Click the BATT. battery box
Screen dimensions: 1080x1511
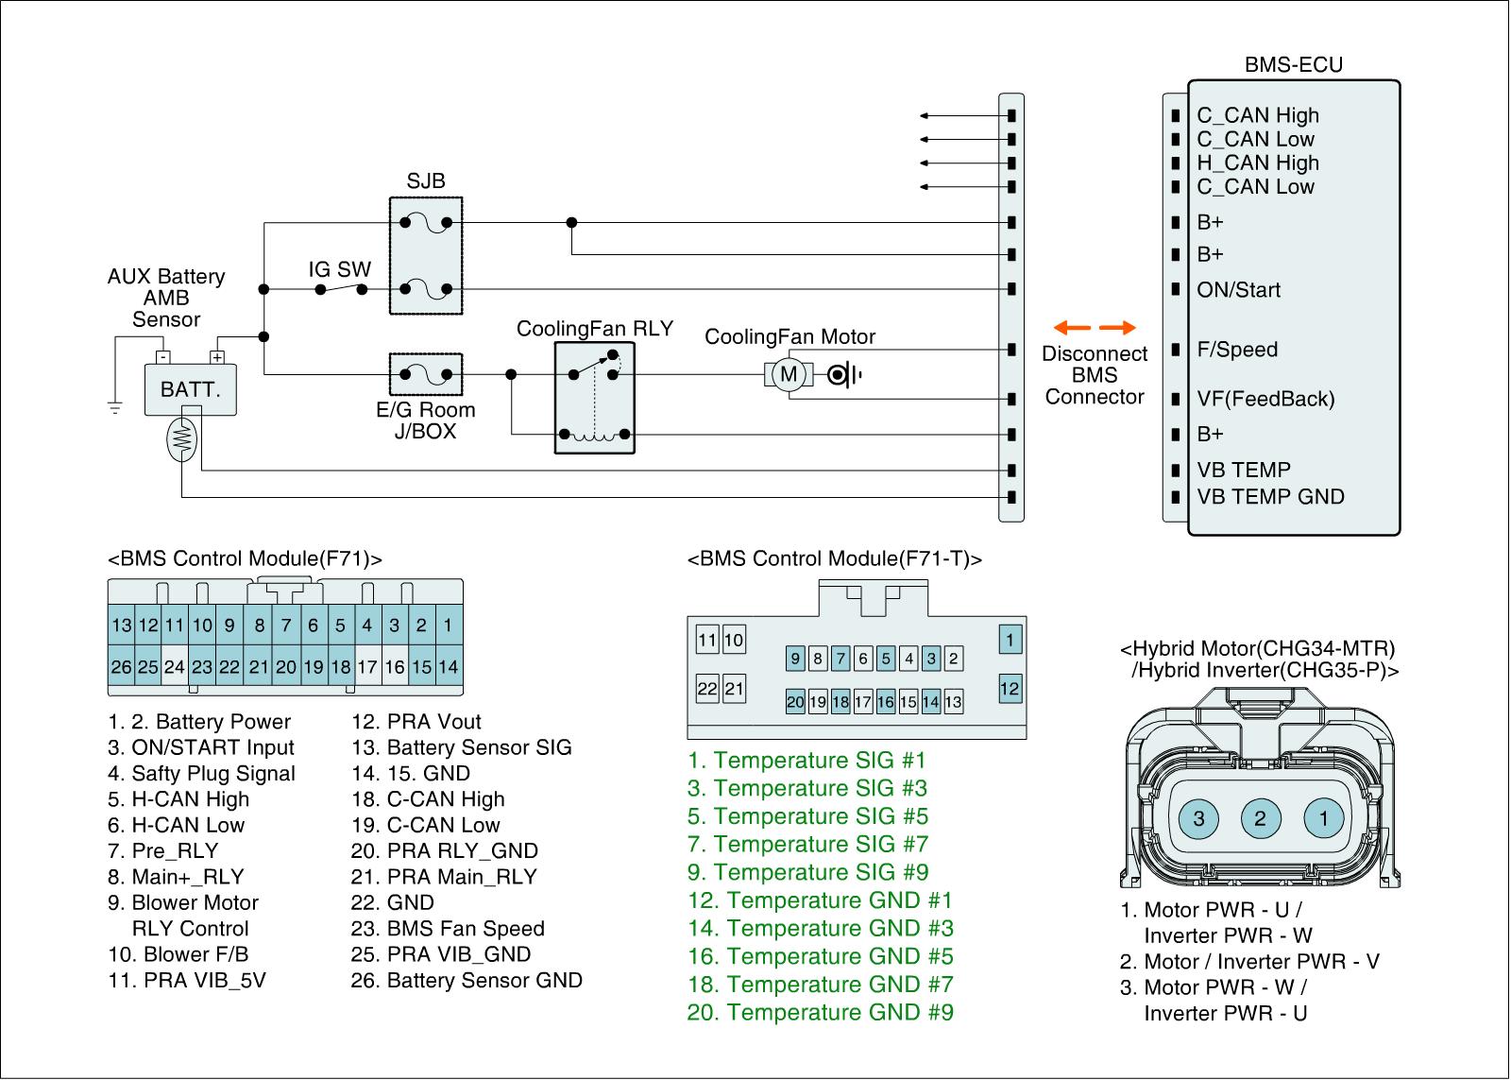[190, 389]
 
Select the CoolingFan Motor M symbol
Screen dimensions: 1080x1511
[789, 375]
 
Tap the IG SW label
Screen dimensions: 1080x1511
[339, 269]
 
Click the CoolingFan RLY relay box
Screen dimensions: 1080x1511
[594, 398]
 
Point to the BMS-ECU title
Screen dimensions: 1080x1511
[1293, 64]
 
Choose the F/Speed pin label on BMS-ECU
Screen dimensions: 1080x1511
[1237, 350]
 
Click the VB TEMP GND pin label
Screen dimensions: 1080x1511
[1270, 497]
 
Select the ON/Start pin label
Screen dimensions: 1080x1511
[1238, 290]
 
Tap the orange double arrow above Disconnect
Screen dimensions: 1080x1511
[1095, 328]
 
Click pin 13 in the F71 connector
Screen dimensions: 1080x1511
[121, 625]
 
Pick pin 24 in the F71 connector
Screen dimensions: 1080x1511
[175, 667]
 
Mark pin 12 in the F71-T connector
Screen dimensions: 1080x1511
[1010, 689]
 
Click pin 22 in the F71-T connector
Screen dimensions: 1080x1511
[707, 689]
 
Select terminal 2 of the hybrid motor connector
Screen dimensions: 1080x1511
[1260, 817]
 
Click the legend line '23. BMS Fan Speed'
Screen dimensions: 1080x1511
[448, 929]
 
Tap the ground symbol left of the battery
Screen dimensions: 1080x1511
[115, 408]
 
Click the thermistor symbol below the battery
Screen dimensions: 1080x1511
[181, 437]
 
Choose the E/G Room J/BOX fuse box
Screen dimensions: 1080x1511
[426, 375]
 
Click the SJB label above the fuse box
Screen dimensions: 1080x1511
[426, 180]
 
